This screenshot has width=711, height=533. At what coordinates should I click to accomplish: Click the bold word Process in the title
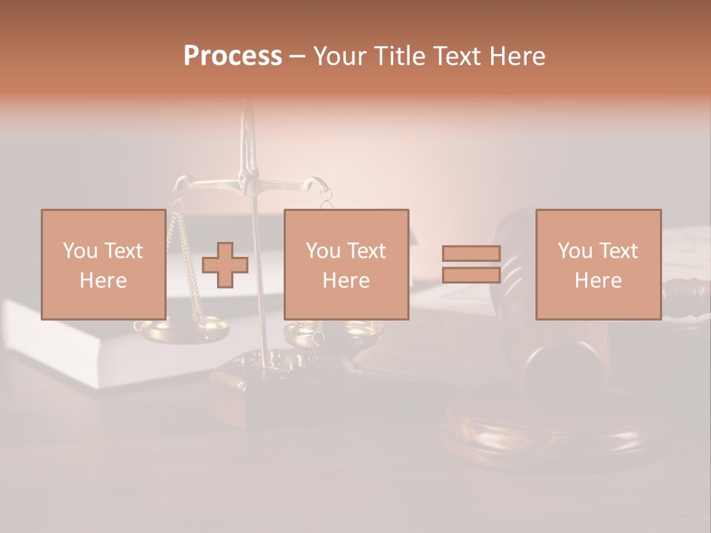pyautogui.click(x=233, y=56)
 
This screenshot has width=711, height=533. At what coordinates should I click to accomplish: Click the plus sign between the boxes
pyautogui.click(x=225, y=264)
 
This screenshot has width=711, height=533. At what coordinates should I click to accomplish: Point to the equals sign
pyautogui.click(x=471, y=264)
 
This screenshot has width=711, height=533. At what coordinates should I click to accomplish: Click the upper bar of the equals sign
pyautogui.click(x=471, y=254)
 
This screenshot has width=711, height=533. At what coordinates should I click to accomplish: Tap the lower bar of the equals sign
pyautogui.click(x=471, y=275)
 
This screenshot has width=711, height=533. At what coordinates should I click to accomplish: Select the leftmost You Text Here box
pyautogui.click(x=104, y=264)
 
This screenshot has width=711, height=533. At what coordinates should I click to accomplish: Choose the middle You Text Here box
pyautogui.click(x=346, y=264)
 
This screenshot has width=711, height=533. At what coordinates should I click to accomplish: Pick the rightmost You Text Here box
pyautogui.click(x=598, y=264)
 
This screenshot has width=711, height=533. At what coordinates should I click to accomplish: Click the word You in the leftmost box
pyautogui.click(x=79, y=251)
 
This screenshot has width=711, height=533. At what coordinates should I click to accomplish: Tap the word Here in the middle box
pyautogui.click(x=346, y=281)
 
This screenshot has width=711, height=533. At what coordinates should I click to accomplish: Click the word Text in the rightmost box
pyautogui.click(x=618, y=251)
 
